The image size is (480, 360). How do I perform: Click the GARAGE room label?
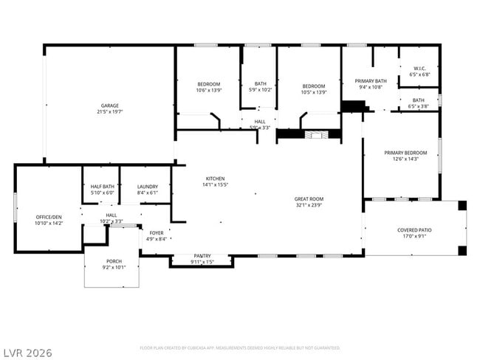pyautogui.click(x=109, y=105)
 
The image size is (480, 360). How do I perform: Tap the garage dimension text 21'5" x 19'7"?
pyautogui.click(x=109, y=112)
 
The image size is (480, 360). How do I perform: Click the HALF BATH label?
pyautogui.click(x=102, y=187)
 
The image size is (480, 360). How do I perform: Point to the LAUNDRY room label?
pyautogui.click(x=148, y=187)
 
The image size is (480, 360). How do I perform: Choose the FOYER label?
pyautogui.click(x=157, y=232)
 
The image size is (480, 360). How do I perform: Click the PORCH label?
pyautogui.click(x=114, y=261)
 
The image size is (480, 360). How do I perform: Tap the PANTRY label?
pyautogui.click(x=202, y=256)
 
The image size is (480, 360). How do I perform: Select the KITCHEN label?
pyautogui.click(x=215, y=179)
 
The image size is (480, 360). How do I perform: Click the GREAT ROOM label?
pyautogui.click(x=308, y=198)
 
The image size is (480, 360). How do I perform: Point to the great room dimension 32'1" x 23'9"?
pyautogui.click(x=308, y=205)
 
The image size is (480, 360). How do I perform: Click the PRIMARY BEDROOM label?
pyautogui.click(x=405, y=153)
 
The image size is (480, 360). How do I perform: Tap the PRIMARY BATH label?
pyautogui.click(x=371, y=81)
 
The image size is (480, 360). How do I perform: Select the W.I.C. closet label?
pyautogui.click(x=419, y=69)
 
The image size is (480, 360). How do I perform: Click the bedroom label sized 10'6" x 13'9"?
pyautogui.click(x=208, y=85)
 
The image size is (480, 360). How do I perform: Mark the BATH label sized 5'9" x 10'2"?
pyautogui.click(x=260, y=83)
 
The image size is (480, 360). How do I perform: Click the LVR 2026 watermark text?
pyautogui.click(x=27, y=353)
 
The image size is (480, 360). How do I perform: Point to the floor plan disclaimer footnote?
pyautogui.click(x=239, y=347)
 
